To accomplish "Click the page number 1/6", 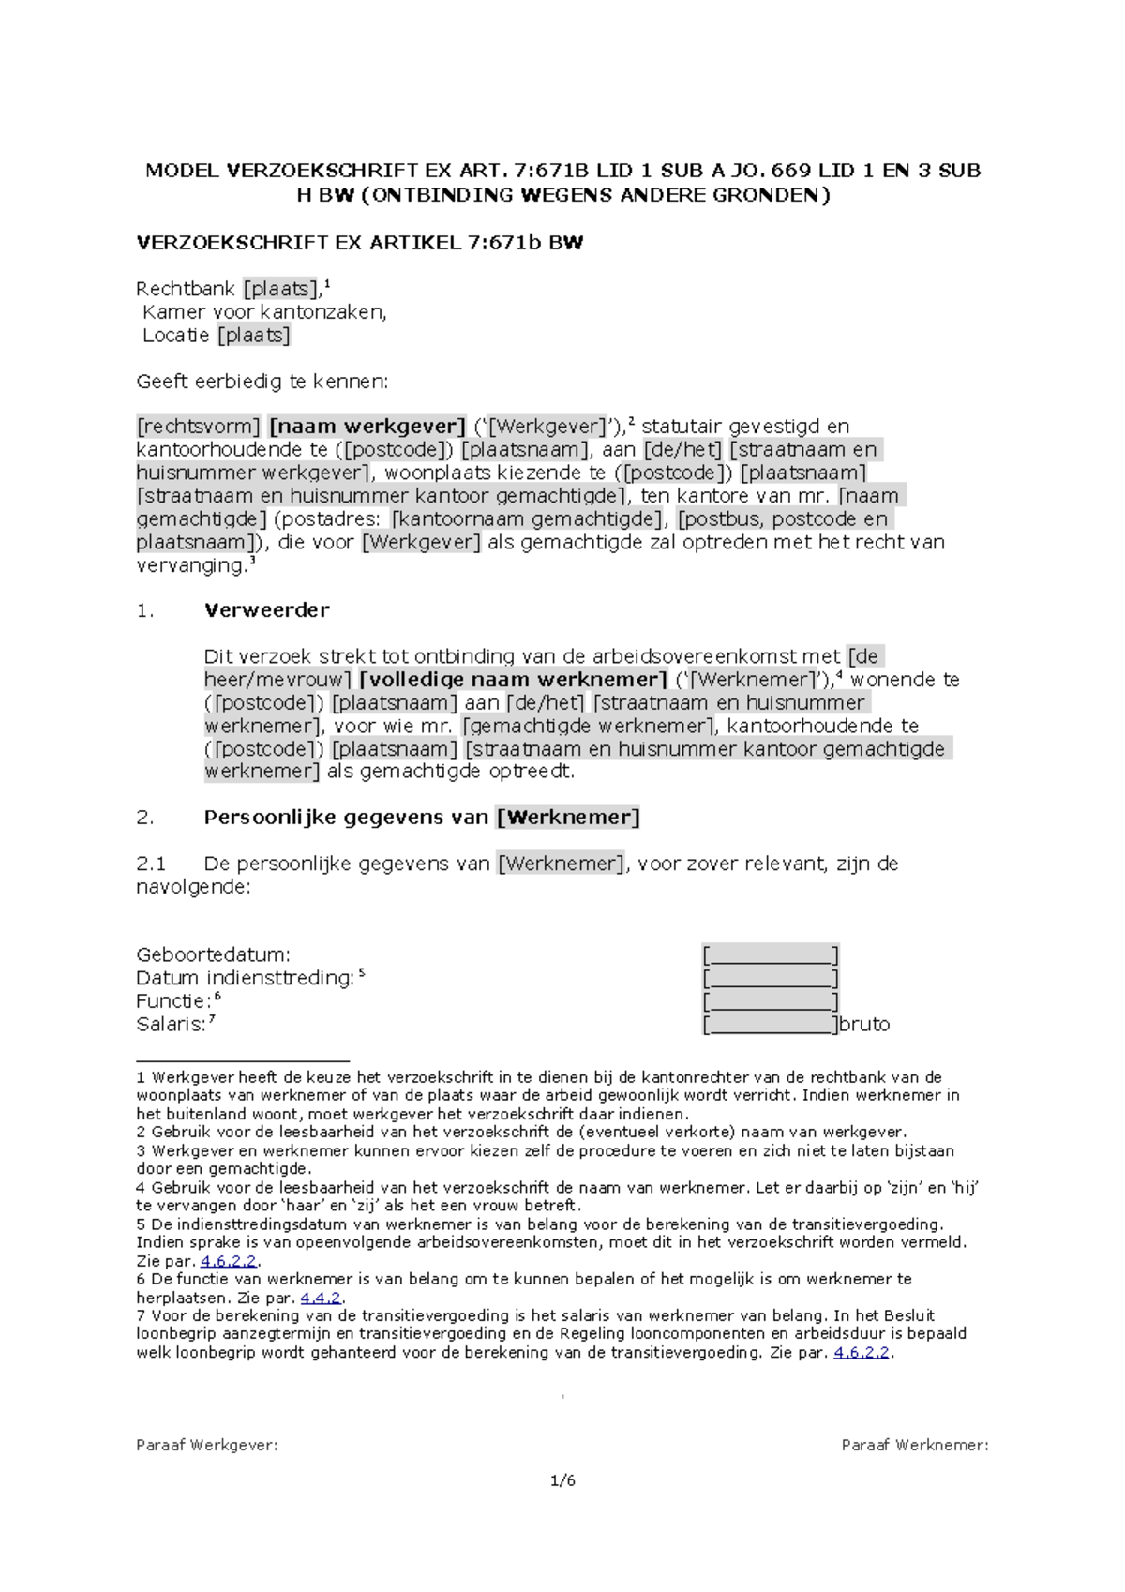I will click(562, 1481).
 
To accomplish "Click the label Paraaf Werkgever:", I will click(207, 1445).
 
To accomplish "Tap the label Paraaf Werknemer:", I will click(915, 1445).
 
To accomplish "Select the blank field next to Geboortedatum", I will click(771, 955).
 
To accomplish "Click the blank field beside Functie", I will click(771, 1001).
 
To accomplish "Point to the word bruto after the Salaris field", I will click(864, 1025).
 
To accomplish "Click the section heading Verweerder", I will click(266, 610).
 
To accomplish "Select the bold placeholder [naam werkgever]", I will click(367, 427).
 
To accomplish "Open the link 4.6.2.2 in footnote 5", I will click(229, 1262).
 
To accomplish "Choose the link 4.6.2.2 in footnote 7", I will click(862, 1353).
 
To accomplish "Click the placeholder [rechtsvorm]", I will click(199, 427).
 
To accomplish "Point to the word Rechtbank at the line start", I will click(186, 289).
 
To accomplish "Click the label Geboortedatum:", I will click(213, 955).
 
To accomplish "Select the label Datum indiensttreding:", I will click(245, 979).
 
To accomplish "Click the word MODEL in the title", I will click(182, 171).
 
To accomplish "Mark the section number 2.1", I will click(151, 864).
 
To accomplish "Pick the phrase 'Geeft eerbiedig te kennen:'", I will click(262, 382).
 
